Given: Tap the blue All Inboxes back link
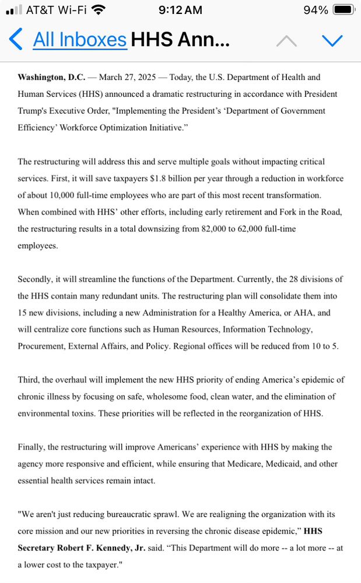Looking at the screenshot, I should (79, 40).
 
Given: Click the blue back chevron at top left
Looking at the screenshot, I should (16, 40).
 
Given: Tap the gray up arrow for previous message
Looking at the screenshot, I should (286, 41).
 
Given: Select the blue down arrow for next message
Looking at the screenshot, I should (332, 40).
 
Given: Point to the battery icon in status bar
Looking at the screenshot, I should (343, 10).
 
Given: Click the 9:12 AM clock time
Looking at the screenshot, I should (180, 10).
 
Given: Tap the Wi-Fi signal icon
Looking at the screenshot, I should (99, 10).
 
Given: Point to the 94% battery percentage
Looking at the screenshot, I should (316, 10).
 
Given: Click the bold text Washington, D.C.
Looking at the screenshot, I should (51, 77).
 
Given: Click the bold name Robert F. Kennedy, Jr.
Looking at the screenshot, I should (96, 548).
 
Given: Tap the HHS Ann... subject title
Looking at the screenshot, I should (180, 40).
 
